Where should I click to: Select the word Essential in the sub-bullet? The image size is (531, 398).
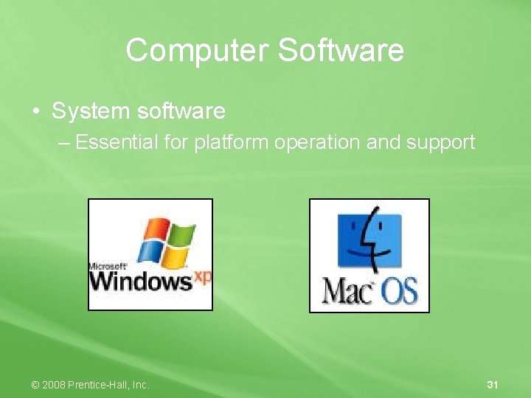point(117,142)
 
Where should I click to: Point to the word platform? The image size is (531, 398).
point(232,142)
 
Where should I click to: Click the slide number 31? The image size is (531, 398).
point(493,385)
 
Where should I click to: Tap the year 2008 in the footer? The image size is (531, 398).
point(53,385)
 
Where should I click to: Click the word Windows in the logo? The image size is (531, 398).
point(140,280)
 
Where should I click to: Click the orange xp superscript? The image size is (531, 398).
point(203,278)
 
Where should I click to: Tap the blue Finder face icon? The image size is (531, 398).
point(369,241)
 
